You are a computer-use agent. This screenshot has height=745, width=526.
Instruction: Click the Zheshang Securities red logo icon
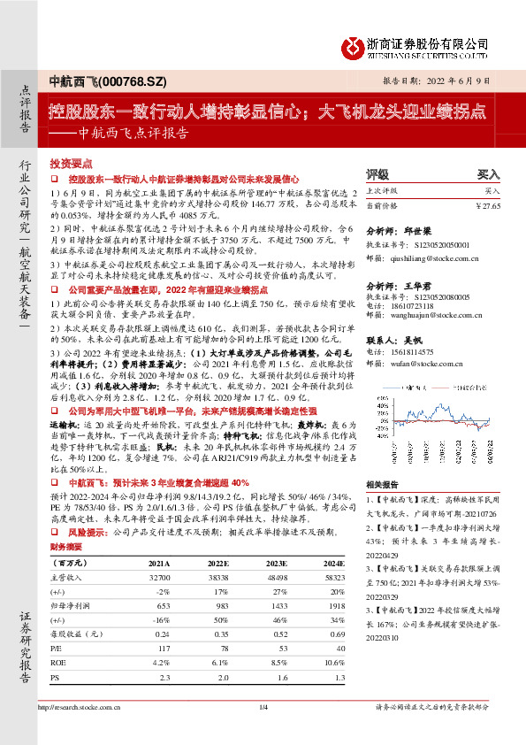point(353,44)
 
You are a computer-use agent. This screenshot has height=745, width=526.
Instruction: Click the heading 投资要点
point(71,164)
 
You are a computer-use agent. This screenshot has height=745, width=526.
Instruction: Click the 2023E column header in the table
point(277,561)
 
